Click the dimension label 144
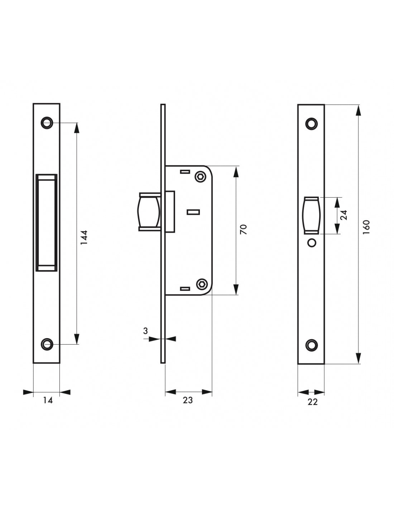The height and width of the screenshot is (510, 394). [84, 237]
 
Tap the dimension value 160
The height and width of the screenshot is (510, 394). [366, 227]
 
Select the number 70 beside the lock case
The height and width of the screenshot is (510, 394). [244, 230]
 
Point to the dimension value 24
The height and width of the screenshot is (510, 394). [343, 215]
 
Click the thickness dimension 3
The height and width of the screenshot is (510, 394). [145, 331]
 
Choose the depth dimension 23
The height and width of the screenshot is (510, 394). [188, 400]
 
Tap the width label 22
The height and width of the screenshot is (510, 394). [312, 402]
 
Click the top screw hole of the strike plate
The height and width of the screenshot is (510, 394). [47, 123]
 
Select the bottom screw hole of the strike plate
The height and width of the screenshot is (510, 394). [47, 344]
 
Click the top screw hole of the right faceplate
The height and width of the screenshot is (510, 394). [312, 123]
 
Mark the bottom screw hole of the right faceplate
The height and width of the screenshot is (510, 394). [312, 345]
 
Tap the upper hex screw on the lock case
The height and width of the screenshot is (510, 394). [201, 176]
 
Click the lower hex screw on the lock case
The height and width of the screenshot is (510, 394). [201, 284]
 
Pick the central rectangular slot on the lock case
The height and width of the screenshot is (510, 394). [193, 212]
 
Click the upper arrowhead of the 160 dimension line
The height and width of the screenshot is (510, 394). [358, 110]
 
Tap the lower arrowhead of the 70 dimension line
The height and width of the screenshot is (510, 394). [236, 289]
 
